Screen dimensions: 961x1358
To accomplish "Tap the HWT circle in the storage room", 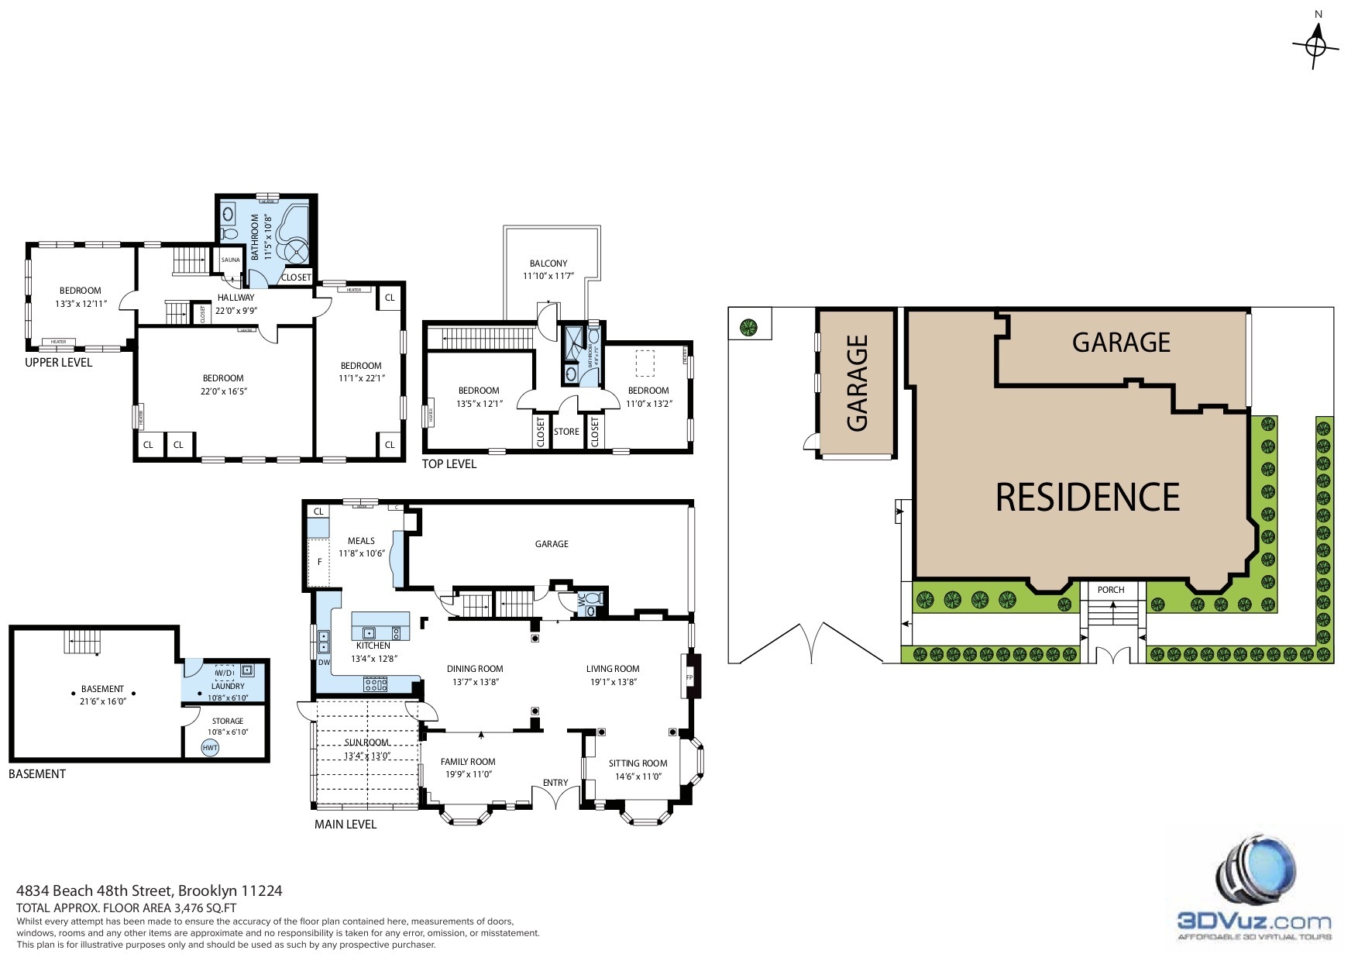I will (x=210, y=748).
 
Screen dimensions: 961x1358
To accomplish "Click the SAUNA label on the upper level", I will (x=231, y=260).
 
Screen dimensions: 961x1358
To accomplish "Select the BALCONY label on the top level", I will (x=548, y=263).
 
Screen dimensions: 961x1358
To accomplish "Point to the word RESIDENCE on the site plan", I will (x=1087, y=498).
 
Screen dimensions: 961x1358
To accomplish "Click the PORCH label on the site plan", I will (x=1110, y=590).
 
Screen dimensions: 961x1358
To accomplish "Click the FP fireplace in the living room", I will (x=689, y=677).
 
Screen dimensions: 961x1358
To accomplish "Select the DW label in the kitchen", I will (x=324, y=663).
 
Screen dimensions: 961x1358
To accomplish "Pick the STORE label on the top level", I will (x=566, y=432).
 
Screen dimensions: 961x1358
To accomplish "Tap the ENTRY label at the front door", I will (x=555, y=783).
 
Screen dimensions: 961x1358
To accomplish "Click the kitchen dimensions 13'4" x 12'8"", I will (x=374, y=659).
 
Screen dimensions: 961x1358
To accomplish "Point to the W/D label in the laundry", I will (x=224, y=672).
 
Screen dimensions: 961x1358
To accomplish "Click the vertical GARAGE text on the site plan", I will (x=857, y=383).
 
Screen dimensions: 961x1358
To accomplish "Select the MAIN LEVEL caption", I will (x=346, y=825).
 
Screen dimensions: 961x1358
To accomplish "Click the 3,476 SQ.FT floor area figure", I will (x=205, y=908).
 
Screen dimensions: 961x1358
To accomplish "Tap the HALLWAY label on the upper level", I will (x=236, y=298).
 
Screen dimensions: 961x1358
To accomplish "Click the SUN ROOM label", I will (x=366, y=742).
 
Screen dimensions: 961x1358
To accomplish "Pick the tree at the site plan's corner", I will (x=748, y=327).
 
